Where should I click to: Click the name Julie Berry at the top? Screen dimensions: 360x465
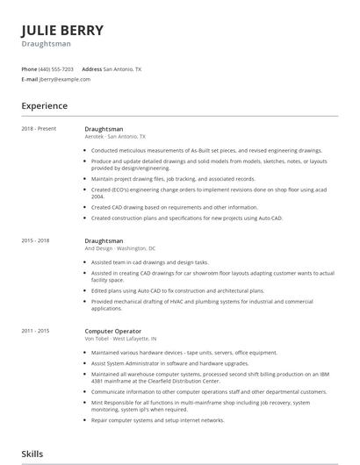pos(62,30)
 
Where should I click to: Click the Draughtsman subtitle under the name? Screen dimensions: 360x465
pos(47,44)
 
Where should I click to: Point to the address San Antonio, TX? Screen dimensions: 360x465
pos(122,68)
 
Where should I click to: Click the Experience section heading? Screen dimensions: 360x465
pos(45,105)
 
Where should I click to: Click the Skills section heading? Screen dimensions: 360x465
pos(32,454)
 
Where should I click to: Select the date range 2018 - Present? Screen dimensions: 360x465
pos(40,129)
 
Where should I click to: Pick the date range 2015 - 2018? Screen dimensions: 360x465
pos(36,240)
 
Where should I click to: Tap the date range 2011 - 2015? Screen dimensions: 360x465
pos(36,331)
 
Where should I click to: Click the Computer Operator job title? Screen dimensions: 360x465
pos(113,331)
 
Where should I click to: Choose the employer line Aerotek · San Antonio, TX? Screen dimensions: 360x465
pos(115,137)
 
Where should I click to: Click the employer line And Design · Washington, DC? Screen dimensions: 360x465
pos(119,248)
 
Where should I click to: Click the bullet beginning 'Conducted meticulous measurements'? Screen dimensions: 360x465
pos(206,150)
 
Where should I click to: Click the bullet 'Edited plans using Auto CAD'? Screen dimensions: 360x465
pos(176,290)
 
